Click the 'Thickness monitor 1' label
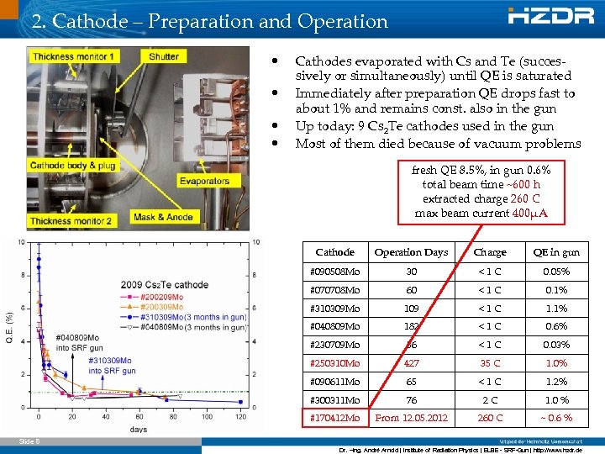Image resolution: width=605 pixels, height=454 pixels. pos(74,56)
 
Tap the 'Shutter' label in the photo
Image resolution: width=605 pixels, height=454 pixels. pos(163,56)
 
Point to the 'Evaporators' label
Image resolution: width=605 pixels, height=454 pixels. pos(203,181)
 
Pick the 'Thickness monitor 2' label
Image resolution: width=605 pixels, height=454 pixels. pos(71,221)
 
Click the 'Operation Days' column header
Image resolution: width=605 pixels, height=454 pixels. pos(411,252)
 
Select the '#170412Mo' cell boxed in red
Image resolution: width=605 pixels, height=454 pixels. pos(334,418)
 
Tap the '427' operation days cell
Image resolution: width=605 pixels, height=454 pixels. pos(411,363)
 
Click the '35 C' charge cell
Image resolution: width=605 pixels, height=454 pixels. pos(490,363)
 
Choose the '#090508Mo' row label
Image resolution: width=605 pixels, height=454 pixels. pos(334,272)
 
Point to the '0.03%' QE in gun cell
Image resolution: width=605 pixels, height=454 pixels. pos(555,345)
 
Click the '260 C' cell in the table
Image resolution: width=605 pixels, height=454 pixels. pos(490,418)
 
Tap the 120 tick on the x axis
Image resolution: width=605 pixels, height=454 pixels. pos(241,416)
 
